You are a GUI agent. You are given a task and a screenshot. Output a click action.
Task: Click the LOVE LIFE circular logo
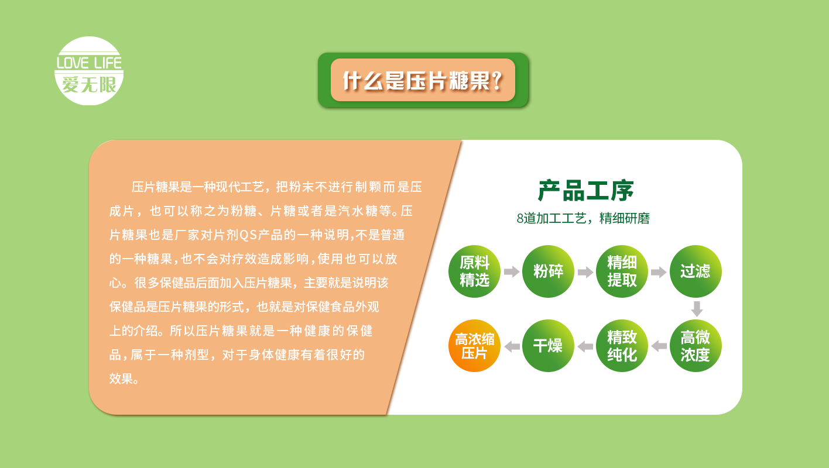89,71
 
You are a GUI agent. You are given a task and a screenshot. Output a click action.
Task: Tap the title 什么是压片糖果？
423,80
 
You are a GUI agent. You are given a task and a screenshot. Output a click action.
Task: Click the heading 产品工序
585,191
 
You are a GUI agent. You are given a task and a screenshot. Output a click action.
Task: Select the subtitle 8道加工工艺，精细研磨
583,218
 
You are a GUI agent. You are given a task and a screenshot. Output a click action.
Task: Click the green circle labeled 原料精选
474,271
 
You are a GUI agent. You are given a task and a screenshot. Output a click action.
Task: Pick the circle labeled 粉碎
548,271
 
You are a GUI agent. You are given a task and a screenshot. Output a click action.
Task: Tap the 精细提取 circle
622,271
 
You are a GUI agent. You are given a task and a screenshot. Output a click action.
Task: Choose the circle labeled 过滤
696,271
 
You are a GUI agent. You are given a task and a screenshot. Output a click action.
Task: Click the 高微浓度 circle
696,346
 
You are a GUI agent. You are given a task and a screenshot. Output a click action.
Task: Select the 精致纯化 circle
622,346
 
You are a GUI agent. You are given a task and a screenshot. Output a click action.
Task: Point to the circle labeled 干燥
548,346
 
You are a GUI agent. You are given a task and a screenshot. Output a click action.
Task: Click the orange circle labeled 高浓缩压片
474,346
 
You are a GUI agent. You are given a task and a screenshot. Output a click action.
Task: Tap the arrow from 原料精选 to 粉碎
512,271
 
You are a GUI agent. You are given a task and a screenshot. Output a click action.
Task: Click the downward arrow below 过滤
697,309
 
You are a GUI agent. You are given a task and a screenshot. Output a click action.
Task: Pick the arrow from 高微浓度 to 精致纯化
659,346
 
